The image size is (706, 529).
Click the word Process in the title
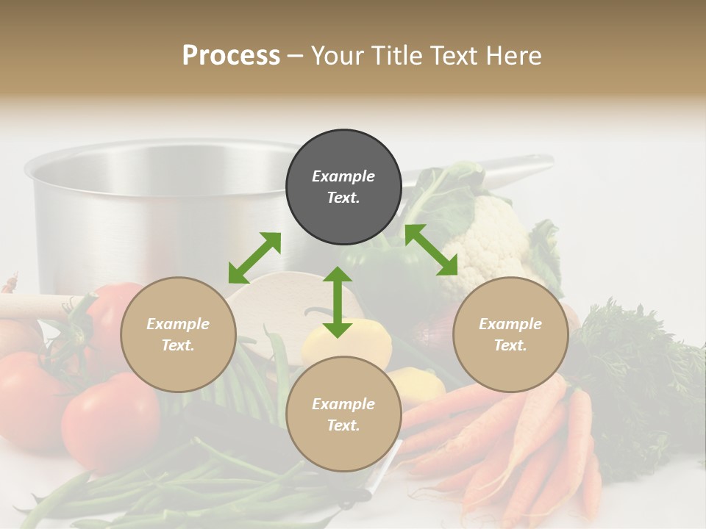231,56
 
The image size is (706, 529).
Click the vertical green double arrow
338,302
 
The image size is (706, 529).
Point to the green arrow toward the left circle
254,258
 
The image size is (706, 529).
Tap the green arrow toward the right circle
431,250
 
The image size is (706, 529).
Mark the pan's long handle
507,163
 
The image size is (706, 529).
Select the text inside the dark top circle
343,187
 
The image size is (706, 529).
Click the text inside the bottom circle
343,414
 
